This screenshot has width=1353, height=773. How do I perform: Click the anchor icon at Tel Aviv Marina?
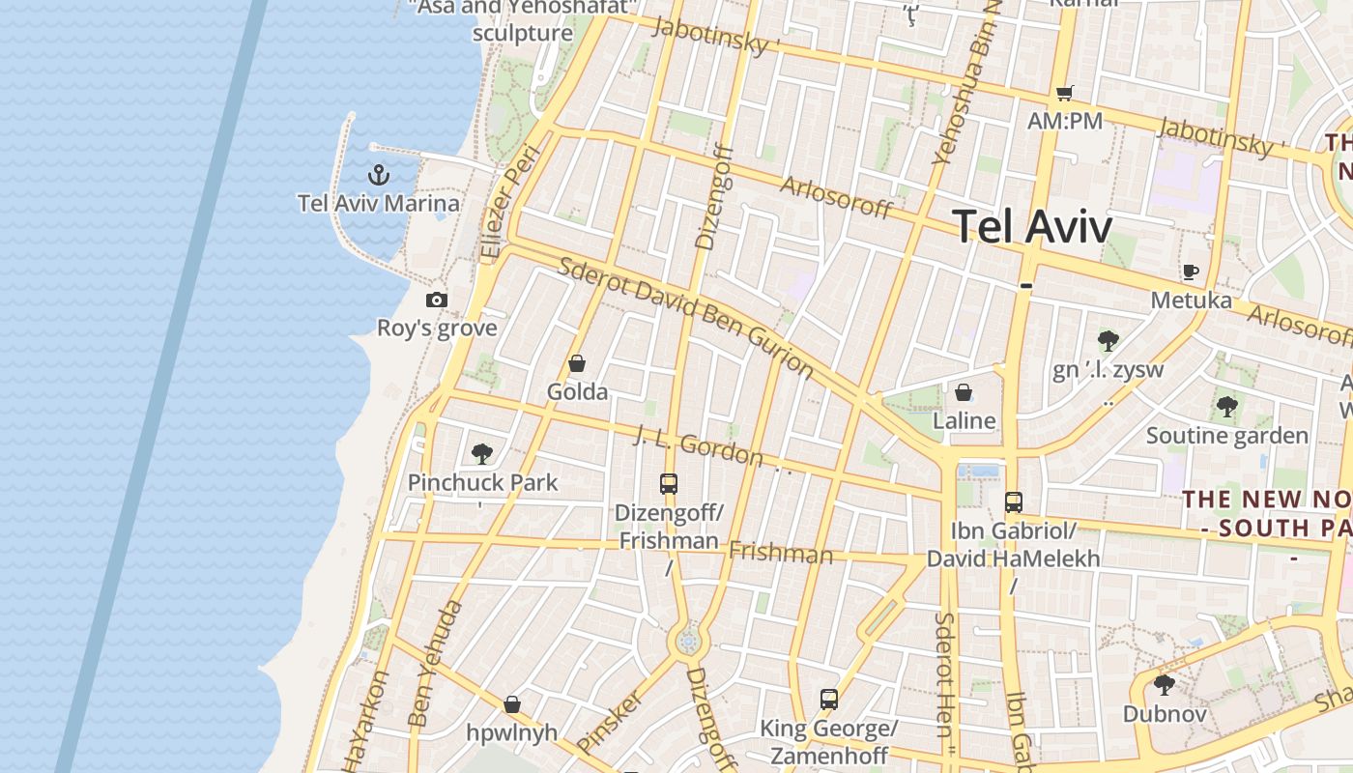click(x=379, y=175)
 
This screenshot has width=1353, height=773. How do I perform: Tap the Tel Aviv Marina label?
click(x=379, y=203)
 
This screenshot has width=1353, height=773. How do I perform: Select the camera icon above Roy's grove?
click(x=437, y=300)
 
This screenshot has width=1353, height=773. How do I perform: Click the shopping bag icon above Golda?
click(x=577, y=363)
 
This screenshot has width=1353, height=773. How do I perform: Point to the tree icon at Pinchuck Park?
click(x=481, y=453)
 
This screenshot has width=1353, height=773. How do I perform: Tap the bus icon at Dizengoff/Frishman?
click(x=668, y=484)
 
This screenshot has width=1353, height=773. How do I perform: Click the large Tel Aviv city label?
click(x=1032, y=226)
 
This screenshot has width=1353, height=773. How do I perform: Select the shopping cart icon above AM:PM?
click(x=1064, y=93)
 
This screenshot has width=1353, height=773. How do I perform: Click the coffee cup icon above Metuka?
click(x=1190, y=272)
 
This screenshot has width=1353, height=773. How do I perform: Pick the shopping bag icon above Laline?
click(x=964, y=392)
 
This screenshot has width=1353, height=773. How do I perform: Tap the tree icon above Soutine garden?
click(x=1226, y=407)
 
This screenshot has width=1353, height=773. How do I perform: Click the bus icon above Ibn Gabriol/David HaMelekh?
click(x=1013, y=502)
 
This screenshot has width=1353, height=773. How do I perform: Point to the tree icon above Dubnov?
click(x=1165, y=685)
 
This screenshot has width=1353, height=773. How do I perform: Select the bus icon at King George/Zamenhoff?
click(x=828, y=700)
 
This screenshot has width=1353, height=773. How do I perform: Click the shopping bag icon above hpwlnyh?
click(x=512, y=704)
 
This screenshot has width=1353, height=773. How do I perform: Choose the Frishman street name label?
click(x=780, y=553)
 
